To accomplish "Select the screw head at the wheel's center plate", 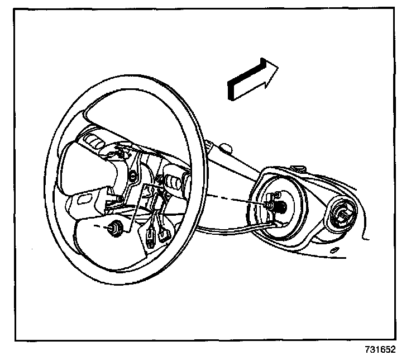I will (133, 178).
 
